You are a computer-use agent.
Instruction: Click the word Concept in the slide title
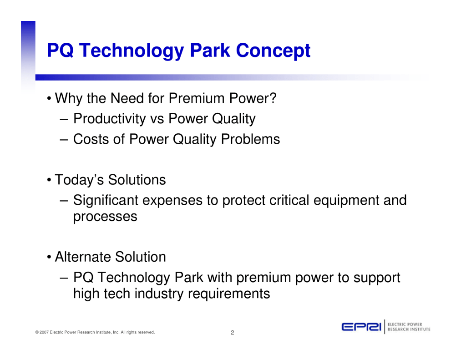[273, 51]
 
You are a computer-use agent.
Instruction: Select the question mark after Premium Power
[273, 98]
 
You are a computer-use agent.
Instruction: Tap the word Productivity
[110, 119]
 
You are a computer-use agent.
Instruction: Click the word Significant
[106, 200]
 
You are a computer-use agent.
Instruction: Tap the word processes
[105, 217]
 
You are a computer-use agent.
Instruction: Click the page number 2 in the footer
[233, 333]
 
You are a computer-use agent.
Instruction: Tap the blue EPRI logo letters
[361, 327]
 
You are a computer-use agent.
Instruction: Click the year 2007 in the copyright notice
[44, 332]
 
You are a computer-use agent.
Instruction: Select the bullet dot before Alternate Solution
[49, 257]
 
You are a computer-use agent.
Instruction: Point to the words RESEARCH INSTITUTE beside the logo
[409, 330]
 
